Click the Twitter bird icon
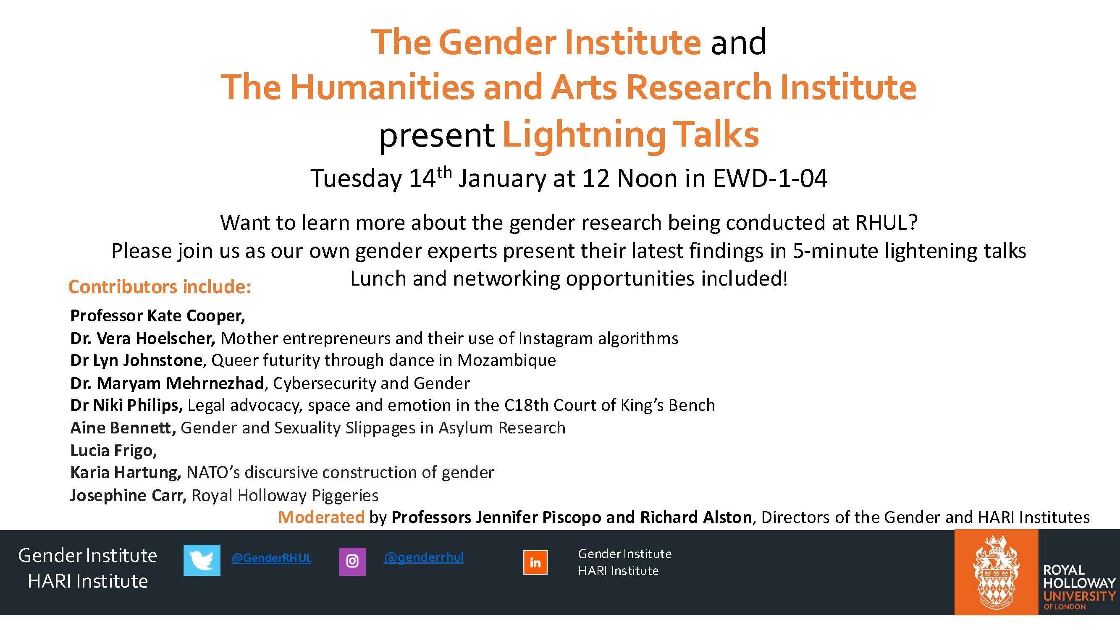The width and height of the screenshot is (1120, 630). coord(202,560)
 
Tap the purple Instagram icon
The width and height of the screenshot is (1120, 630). coord(352,561)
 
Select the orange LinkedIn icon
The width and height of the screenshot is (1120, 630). coord(535,562)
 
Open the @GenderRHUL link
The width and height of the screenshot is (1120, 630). coord(271,558)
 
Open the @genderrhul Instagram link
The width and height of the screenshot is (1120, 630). coord(424,557)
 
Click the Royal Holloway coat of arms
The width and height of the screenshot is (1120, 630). coord(996,572)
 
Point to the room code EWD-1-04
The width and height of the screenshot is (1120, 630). coord(770,178)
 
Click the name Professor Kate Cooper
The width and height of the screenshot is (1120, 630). coord(157,316)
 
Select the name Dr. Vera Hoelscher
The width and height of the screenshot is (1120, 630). coord(143,338)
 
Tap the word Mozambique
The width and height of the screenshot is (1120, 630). coord(506,360)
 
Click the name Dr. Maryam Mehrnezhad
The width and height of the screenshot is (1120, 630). coord(168,383)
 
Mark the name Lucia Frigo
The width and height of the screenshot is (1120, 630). coord(113,451)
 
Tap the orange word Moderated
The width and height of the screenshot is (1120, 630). coord(321,517)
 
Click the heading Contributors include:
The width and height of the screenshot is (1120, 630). coord(160,287)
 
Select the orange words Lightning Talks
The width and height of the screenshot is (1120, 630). coord(631,136)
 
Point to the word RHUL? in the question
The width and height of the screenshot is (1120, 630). coord(887,223)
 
